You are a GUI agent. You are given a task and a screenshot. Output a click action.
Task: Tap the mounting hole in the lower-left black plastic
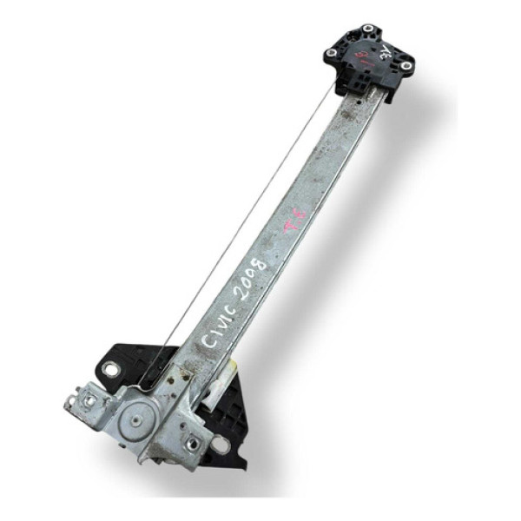[111, 371]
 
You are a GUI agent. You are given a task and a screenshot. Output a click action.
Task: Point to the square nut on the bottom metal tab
[190, 443]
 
